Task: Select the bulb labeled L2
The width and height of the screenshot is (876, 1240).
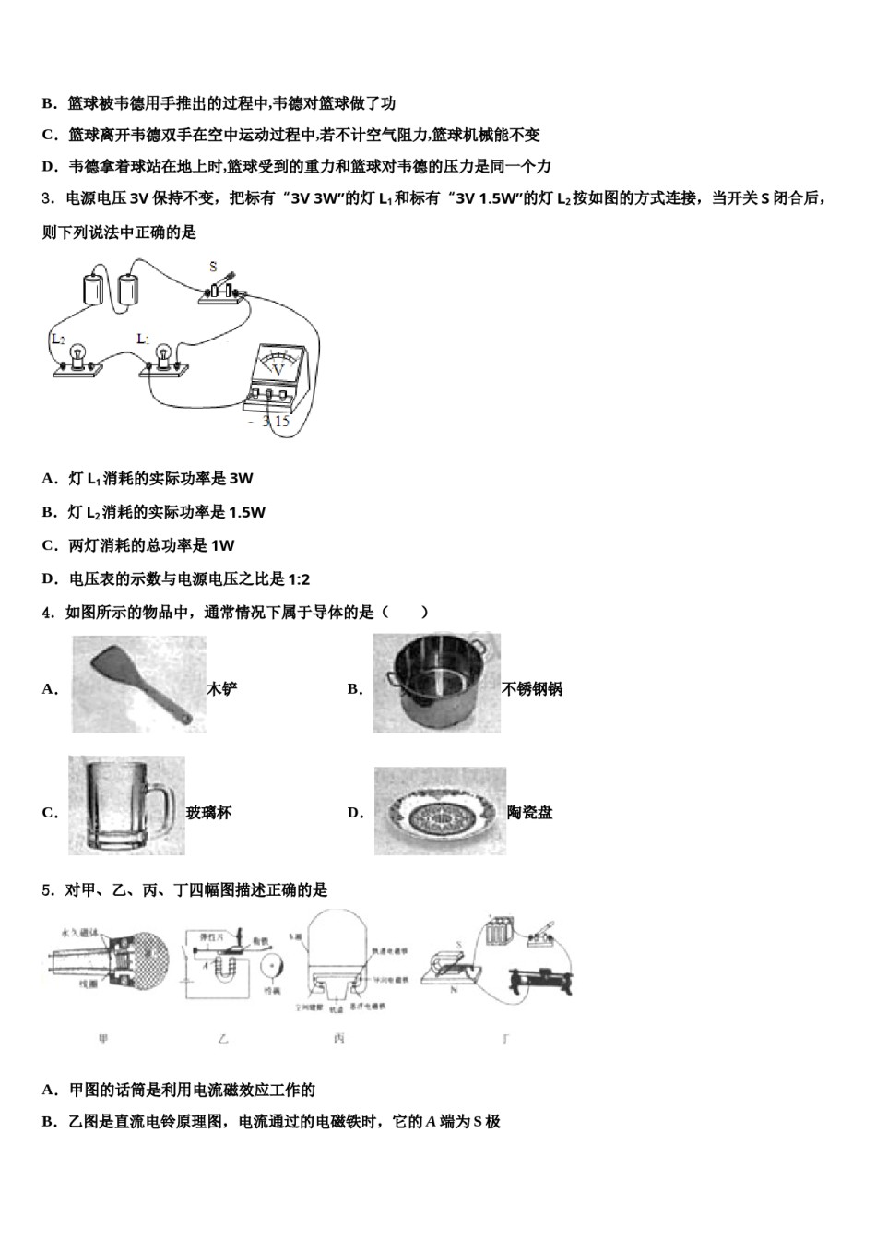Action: click(x=77, y=359)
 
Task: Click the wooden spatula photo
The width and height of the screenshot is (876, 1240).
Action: click(x=138, y=685)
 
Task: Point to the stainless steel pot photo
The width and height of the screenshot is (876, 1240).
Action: click(x=436, y=684)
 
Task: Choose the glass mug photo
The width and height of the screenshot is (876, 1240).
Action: click(x=126, y=805)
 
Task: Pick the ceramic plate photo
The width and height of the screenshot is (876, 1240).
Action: click(x=439, y=811)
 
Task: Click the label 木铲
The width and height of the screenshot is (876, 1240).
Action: click(x=223, y=689)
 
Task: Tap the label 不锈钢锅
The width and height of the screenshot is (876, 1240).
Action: click(x=532, y=689)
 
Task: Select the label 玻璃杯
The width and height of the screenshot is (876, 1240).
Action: click(x=209, y=813)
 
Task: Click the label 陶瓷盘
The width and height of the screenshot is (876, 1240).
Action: click(x=530, y=813)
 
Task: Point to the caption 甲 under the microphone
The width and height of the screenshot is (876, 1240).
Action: click(x=103, y=1039)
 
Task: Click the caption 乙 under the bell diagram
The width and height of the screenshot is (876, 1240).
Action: click(x=224, y=1039)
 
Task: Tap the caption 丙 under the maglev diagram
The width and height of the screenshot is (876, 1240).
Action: click(x=339, y=1039)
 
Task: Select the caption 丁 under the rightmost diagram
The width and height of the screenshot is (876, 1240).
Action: click(x=505, y=1039)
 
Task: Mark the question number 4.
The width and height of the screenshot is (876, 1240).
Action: click(x=47, y=612)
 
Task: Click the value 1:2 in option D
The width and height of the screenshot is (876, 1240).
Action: click(x=299, y=579)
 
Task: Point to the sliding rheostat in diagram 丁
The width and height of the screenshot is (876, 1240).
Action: click(x=540, y=980)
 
